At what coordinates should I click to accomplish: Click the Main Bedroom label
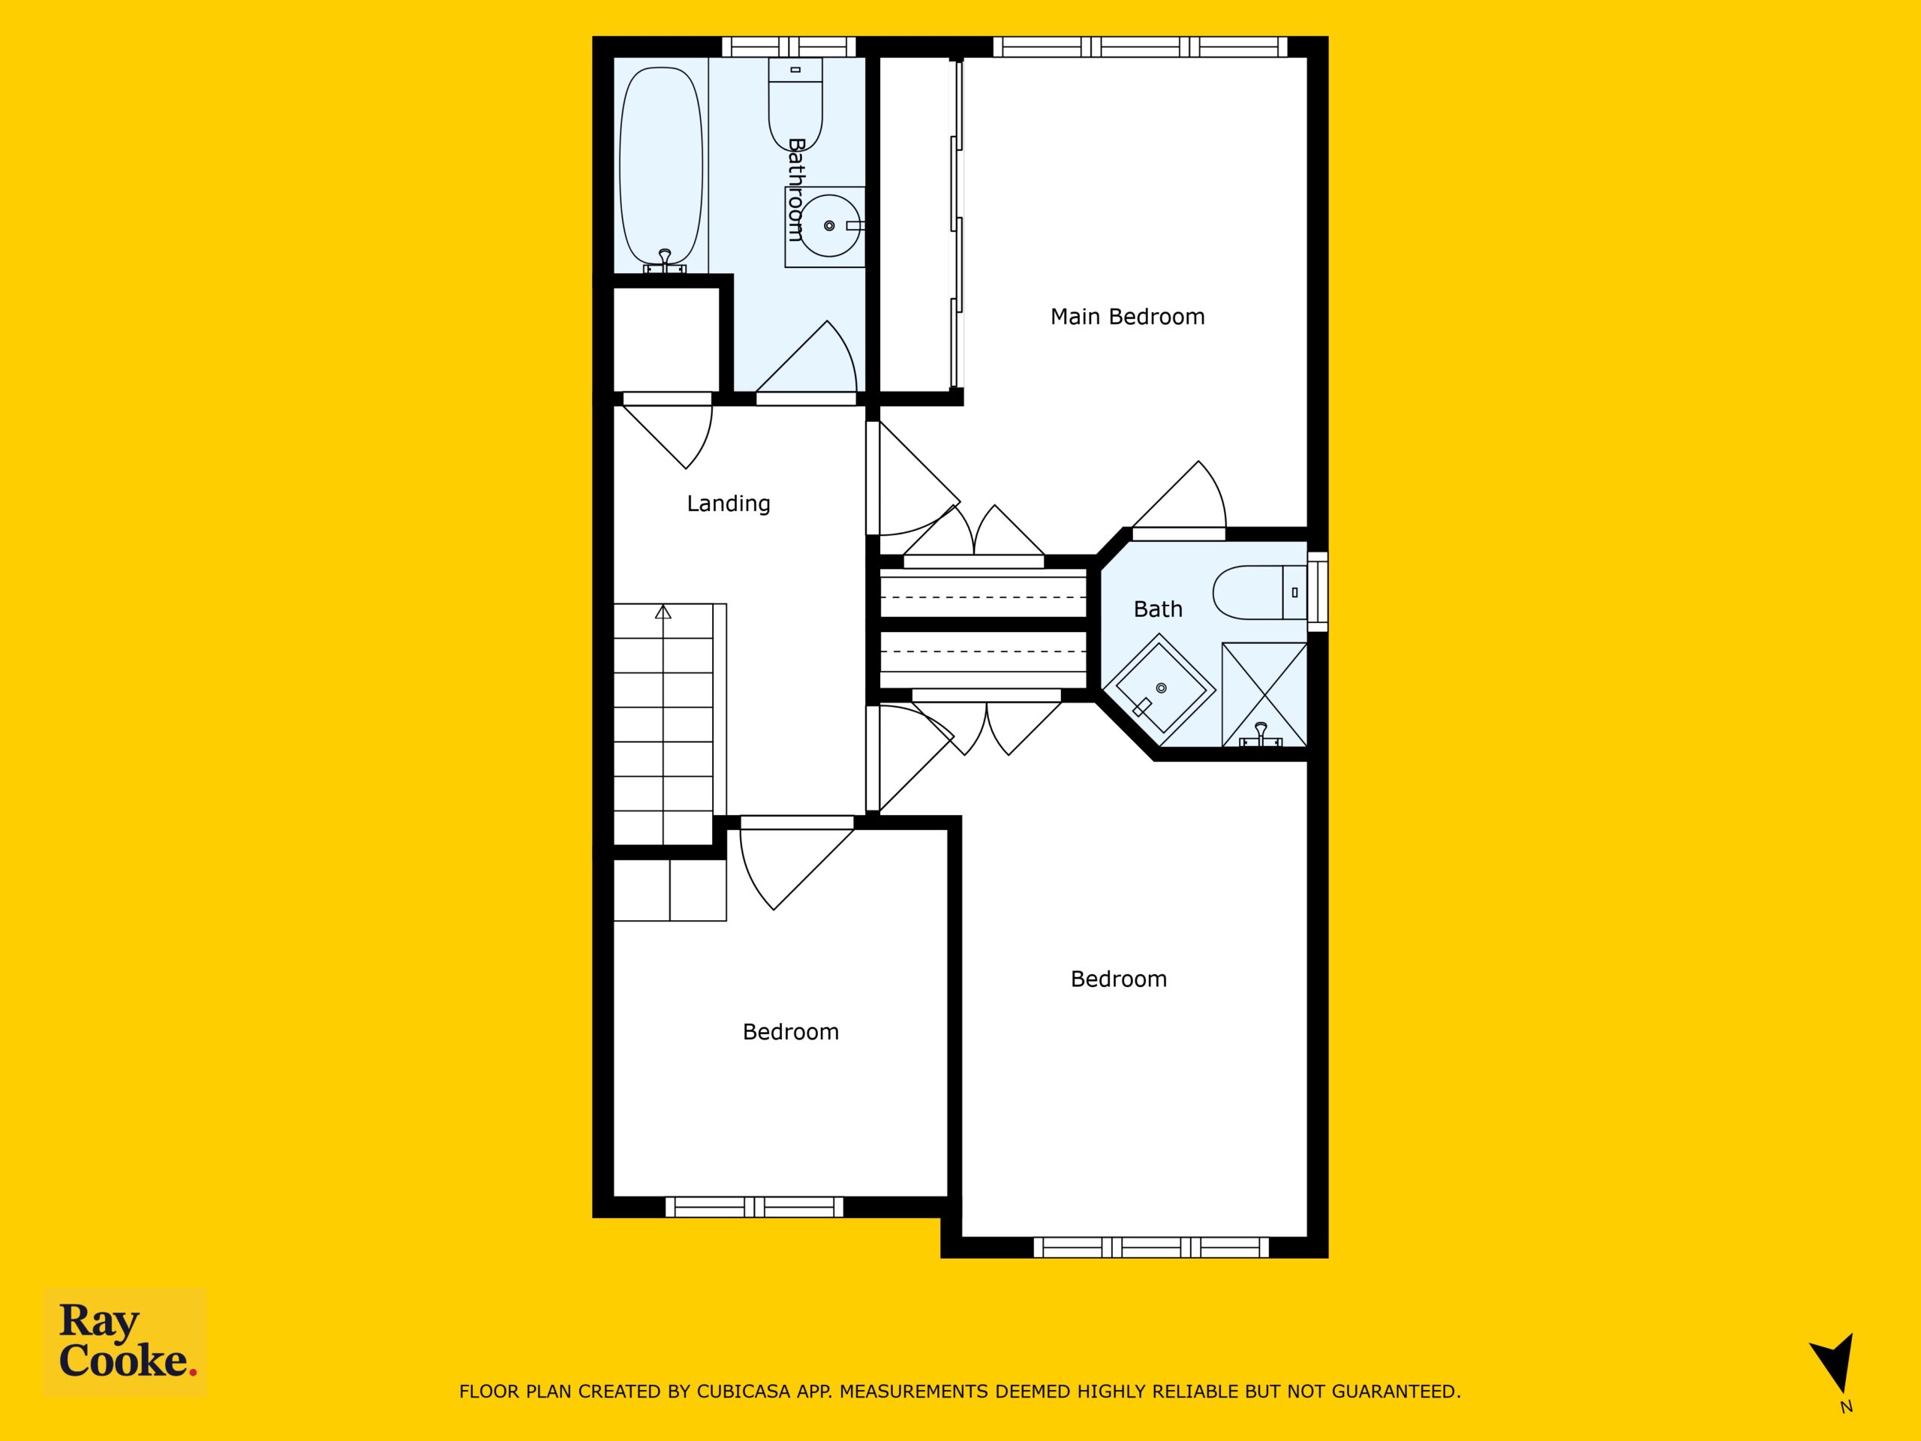tap(1127, 317)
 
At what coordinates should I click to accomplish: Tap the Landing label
tap(729, 504)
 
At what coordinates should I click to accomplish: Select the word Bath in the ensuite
tap(1159, 609)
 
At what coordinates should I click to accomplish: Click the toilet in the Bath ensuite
tap(1259, 592)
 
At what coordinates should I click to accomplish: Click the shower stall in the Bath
tap(1264, 695)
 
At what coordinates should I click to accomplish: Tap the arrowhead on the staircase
tap(663, 611)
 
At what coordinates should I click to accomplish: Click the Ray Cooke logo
tap(126, 1342)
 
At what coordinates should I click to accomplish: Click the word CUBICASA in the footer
tap(744, 1391)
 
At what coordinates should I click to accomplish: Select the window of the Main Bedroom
tap(1141, 47)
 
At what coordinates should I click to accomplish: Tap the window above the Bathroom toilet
tap(789, 47)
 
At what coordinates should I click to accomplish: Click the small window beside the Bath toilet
tap(1318, 591)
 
